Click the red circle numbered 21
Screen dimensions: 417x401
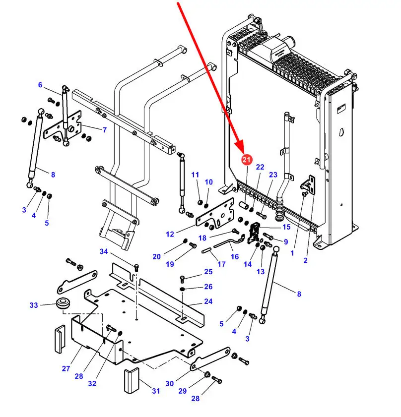(247, 159)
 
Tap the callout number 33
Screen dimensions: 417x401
(34, 305)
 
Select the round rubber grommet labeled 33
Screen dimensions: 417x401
(63, 302)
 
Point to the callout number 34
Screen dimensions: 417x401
(103, 252)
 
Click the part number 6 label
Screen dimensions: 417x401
(41, 85)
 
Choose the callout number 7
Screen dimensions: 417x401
(105, 130)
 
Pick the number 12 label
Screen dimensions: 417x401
(170, 234)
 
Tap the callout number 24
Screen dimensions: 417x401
(208, 301)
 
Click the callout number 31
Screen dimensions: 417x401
(156, 391)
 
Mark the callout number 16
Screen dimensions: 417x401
(235, 256)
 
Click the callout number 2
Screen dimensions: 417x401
(305, 260)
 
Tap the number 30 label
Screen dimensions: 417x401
(170, 383)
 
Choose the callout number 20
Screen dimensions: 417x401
(156, 256)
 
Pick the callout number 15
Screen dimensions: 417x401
(286, 227)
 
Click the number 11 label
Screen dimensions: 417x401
(195, 175)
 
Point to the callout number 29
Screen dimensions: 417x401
(182, 391)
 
